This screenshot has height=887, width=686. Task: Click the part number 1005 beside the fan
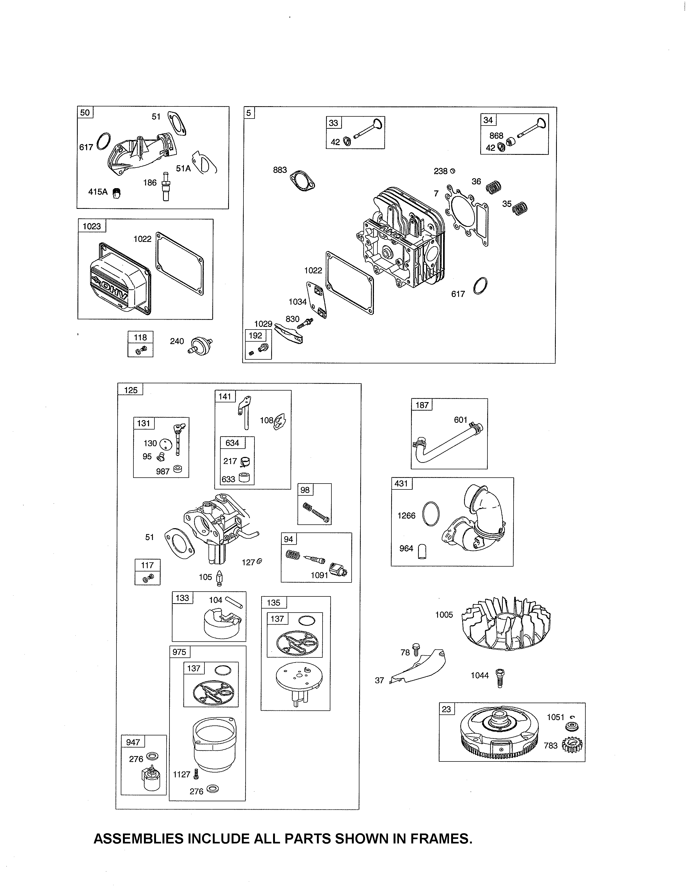tap(444, 614)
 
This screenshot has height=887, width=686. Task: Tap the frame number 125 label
tap(130, 390)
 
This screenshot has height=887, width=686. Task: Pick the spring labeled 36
tap(494, 187)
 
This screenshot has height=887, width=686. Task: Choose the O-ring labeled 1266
tap(431, 514)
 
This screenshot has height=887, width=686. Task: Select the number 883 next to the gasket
tap(280, 170)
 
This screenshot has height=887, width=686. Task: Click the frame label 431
tap(401, 483)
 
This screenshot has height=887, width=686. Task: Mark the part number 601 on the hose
tap(461, 420)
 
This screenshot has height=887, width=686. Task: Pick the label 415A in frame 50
tap(98, 192)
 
